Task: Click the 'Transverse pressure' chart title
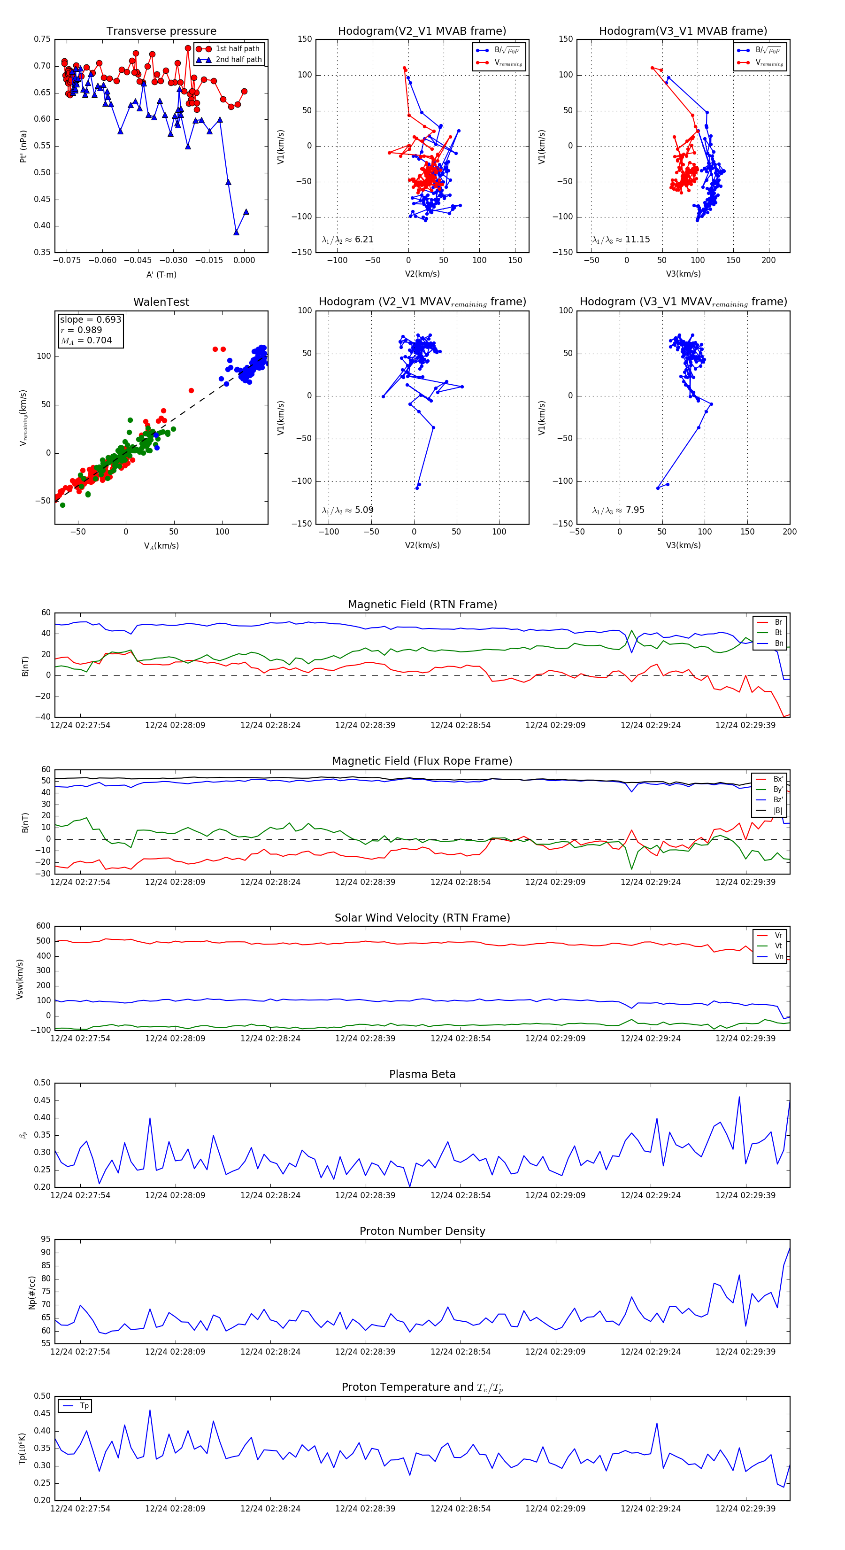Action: tap(161, 31)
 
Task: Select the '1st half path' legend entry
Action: tap(237, 49)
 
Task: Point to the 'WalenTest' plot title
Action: tap(161, 302)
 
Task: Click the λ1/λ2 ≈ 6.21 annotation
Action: tap(347, 240)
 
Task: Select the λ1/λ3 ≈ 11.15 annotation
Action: tap(621, 240)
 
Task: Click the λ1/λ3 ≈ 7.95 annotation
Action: tap(618, 510)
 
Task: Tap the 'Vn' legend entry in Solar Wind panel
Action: tap(778, 957)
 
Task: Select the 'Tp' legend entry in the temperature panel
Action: tap(84, 1406)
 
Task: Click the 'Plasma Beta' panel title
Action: tap(422, 1075)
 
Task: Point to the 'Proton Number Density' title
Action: tap(422, 1231)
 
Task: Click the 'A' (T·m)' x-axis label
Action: tap(161, 275)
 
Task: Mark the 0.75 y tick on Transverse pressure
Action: tap(42, 39)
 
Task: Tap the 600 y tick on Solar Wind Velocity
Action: tap(43, 926)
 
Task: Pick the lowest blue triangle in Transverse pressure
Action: tap(236, 232)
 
